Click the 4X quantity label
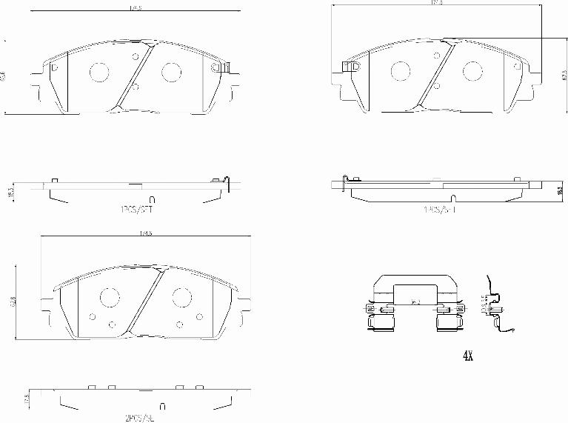click(467, 356)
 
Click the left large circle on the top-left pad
click(98, 71)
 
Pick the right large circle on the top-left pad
click(171, 71)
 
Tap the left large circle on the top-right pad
click(400, 71)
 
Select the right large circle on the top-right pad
click(472, 71)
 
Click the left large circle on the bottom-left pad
click(110, 298)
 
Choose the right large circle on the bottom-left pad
click(182, 298)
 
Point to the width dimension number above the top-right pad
click(436, 4)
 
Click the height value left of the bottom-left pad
click(11, 302)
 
